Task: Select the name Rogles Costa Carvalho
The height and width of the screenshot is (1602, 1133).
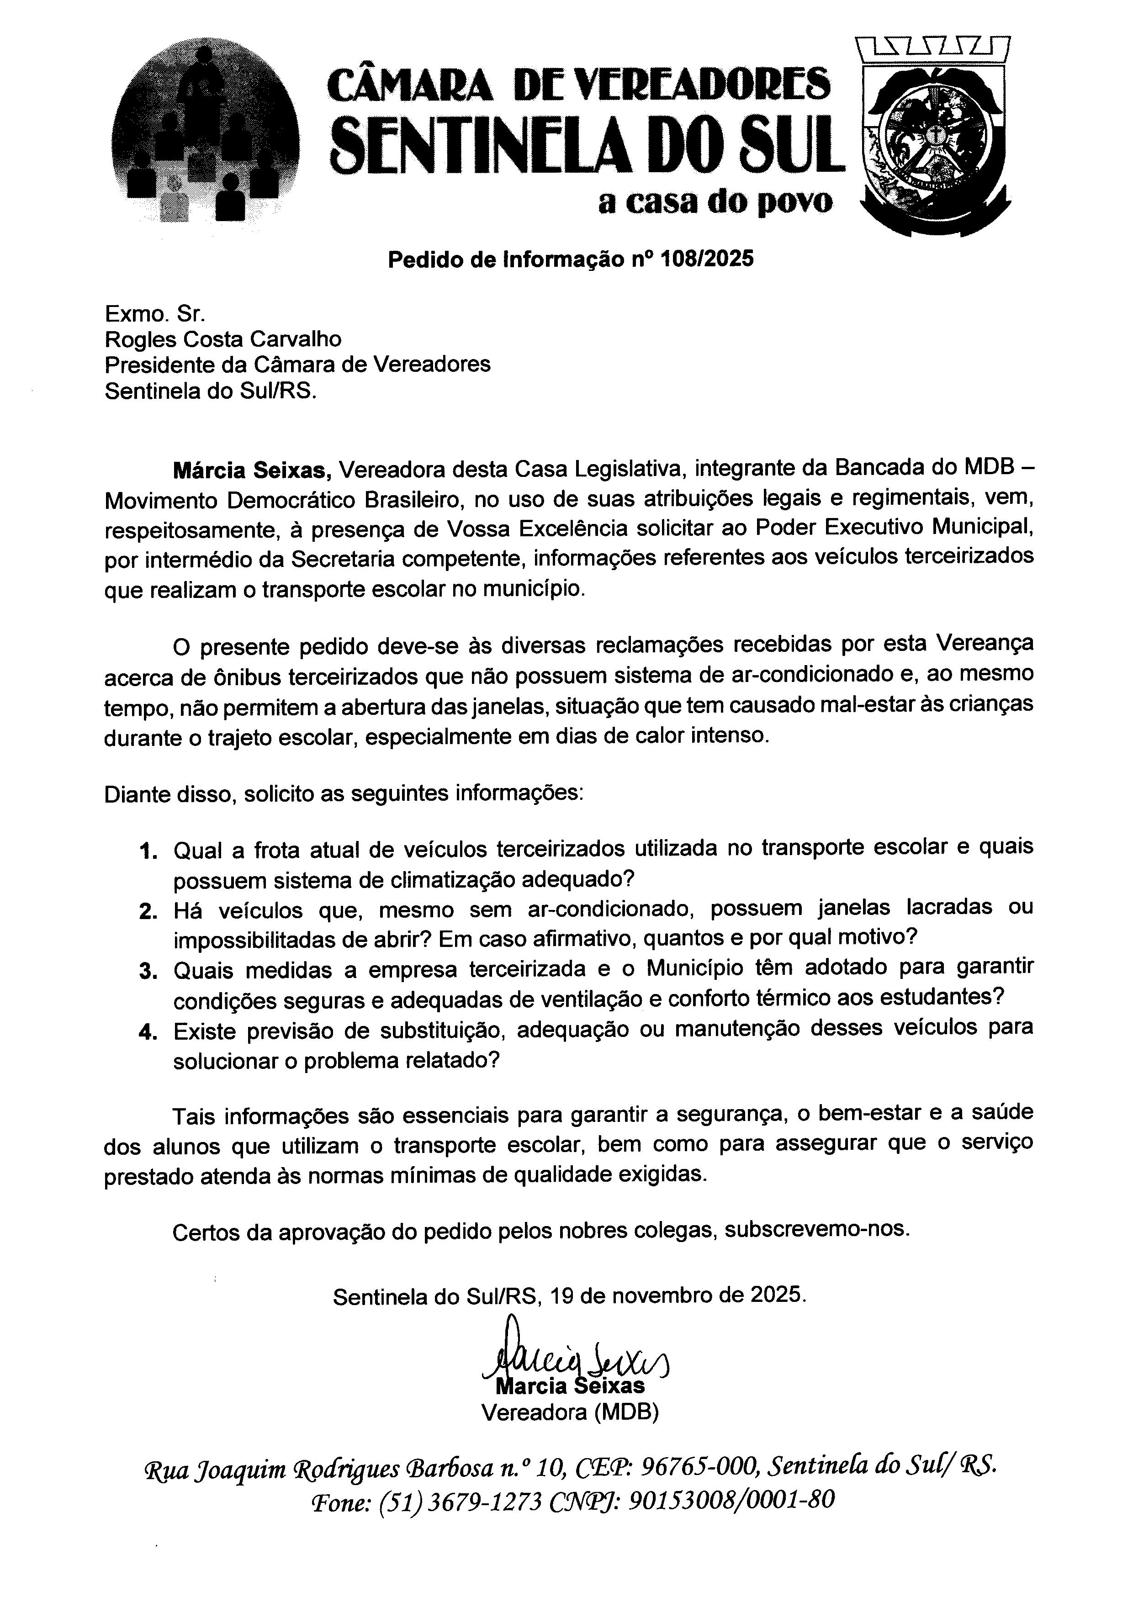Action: [x=223, y=339]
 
